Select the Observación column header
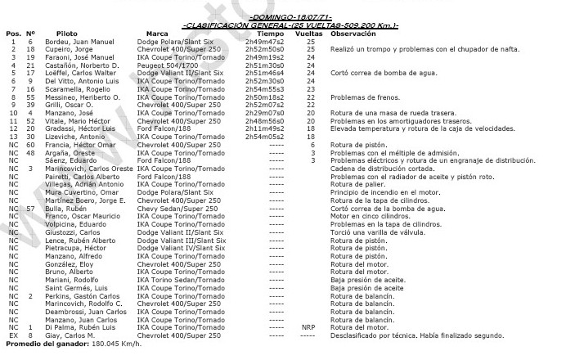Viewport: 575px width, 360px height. (353, 33)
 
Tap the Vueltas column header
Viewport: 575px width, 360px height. (310, 33)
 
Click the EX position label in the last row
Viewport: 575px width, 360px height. (12, 335)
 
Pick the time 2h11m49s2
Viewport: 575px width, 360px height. (258, 128)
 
